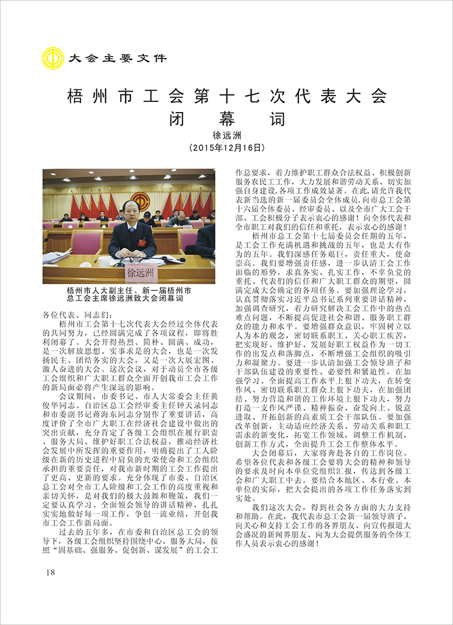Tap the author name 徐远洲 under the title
tap(226, 136)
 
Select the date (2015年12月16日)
tap(226, 148)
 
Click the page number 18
tap(50, 572)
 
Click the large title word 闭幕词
tap(226, 119)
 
